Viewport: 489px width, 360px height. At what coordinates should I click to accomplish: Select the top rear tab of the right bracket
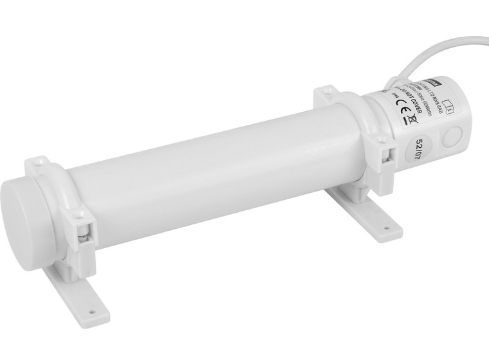327,94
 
